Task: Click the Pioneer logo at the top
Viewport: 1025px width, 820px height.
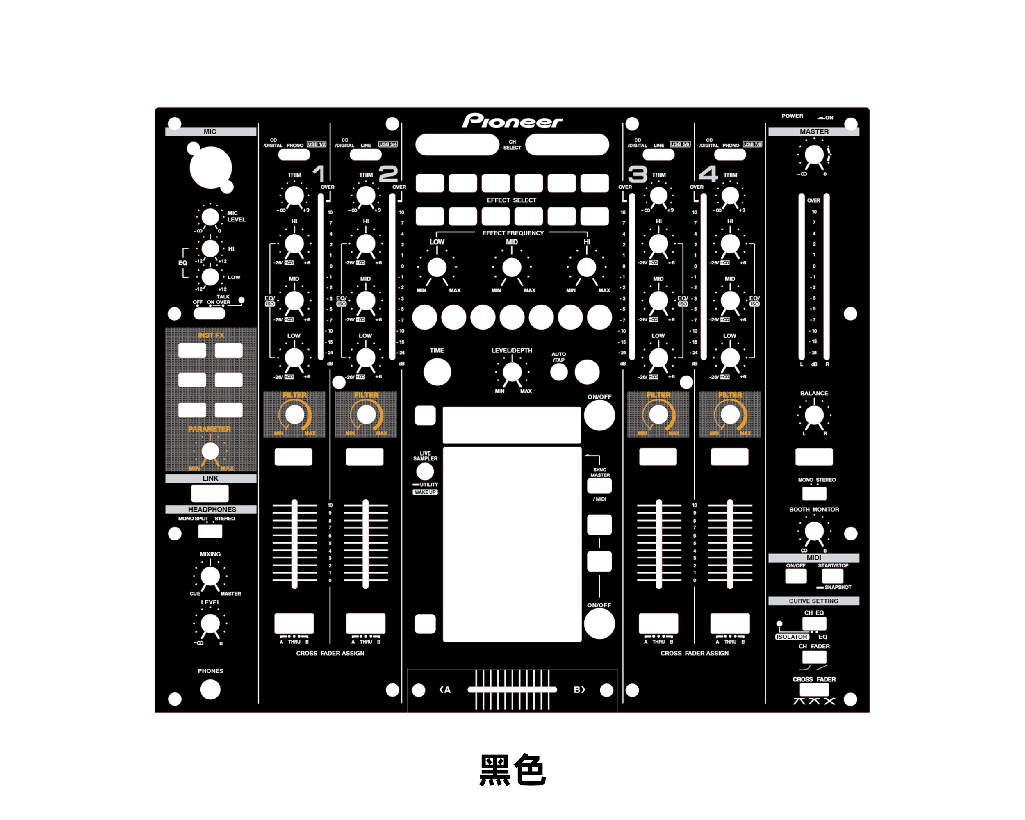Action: pyautogui.click(x=512, y=121)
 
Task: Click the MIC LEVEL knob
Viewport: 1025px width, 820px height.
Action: pyautogui.click(x=210, y=217)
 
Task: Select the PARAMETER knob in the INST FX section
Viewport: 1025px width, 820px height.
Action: pyautogui.click(x=210, y=451)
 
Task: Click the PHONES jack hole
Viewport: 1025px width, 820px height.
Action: pyautogui.click(x=210, y=689)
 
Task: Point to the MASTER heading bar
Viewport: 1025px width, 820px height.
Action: pyautogui.click(x=813, y=132)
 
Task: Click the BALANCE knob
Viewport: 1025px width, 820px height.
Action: pyautogui.click(x=814, y=415)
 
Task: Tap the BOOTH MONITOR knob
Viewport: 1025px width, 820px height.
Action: pyautogui.click(x=814, y=531)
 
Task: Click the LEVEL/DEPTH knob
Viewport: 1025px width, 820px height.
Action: pyautogui.click(x=512, y=372)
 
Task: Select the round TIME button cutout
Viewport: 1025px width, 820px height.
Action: pyautogui.click(x=437, y=372)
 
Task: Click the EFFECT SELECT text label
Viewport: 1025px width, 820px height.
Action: pyautogui.click(x=512, y=200)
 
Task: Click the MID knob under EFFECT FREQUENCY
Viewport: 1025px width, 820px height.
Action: pyautogui.click(x=512, y=268)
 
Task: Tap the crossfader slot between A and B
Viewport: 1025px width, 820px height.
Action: pyautogui.click(x=512, y=689)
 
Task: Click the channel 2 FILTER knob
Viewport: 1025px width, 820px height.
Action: pyautogui.click(x=366, y=415)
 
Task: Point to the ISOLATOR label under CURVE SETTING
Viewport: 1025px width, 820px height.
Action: pyautogui.click(x=792, y=636)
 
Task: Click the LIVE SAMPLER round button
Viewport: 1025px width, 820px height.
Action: pyautogui.click(x=425, y=471)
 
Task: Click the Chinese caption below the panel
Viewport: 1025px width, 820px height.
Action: pyautogui.click(x=512, y=770)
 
